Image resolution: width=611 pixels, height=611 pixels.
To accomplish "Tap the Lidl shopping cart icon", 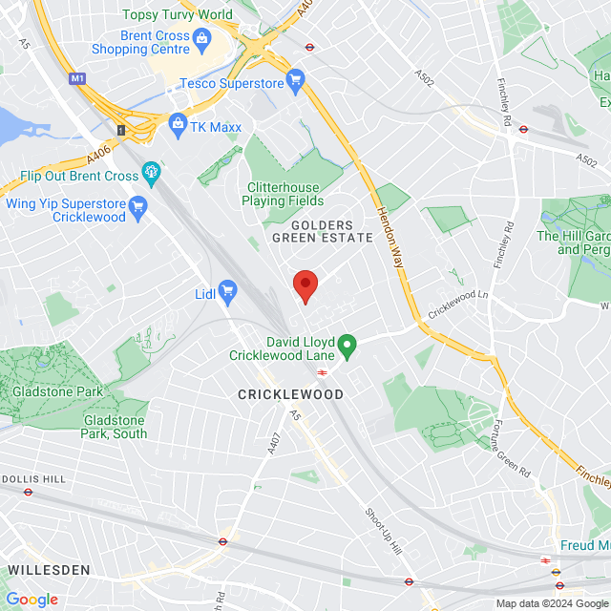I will pyautogui.click(x=227, y=289).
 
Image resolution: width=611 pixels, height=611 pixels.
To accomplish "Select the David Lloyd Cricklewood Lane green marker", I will pyautogui.click(x=348, y=346).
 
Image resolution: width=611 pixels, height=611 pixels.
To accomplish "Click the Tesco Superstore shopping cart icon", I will pyautogui.click(x=295, y=80).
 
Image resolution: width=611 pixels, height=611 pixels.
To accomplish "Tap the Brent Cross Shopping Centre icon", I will pyautogui.click(x=200, y=38).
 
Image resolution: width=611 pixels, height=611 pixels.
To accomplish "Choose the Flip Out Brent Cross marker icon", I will pyautogui.click(x=151, y=173).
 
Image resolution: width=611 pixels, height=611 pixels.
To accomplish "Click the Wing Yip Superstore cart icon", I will pyautogui.click(x=138, y=205).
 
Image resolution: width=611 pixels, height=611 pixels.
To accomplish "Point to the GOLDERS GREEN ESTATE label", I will pyautogui.click(x=314, y=230).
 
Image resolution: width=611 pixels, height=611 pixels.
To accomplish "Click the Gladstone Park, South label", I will pyautogui.click(x=115, y=427).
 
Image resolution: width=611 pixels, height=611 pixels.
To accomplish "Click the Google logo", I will pyautogui.click(x=32, y=600).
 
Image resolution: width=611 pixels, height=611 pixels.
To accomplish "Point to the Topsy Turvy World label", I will pyautogui.click(x=178, y=14).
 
